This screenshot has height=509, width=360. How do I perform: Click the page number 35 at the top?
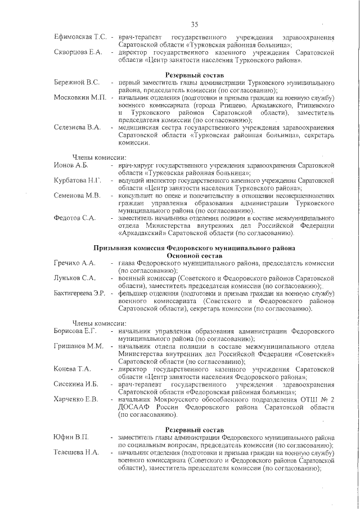point(195,24)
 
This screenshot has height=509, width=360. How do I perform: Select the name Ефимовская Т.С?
point(80,37)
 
